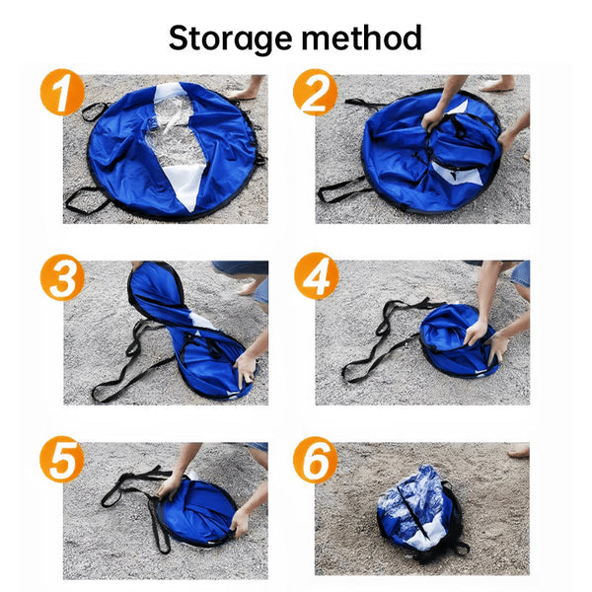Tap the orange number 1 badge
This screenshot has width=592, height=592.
[62, 95]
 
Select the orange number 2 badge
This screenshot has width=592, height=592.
[316, 95]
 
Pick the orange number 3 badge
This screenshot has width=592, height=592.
[62, 279]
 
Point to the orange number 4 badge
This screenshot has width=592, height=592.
[316, 279]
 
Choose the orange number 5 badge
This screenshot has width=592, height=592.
[62, 461]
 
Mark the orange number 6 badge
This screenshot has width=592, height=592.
[316, 461]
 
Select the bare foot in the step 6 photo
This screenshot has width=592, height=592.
[518, 450]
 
